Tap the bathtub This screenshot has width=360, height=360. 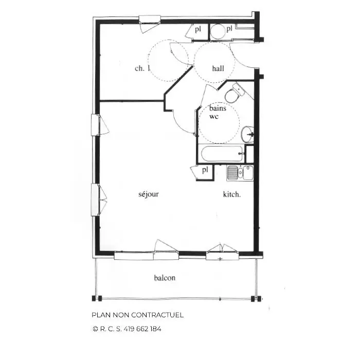click(x=222, y=154)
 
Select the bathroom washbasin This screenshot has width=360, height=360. click(x=247, y=134)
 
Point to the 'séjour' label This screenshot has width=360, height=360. click(x=149, y=194)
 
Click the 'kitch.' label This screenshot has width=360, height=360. click(x=232, y=194)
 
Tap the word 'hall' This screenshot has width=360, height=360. click(x=218, y=68)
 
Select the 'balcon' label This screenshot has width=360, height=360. click(x=165, y=278)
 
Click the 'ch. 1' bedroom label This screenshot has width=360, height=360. click(x=142, y=68)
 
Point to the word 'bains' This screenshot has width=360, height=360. click(x=218, y=108)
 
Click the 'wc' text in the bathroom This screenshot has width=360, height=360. click(x=213, y=116)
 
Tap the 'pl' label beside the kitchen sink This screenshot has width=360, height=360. click(x=205, y=170)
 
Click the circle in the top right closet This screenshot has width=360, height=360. click(x=218, y=32)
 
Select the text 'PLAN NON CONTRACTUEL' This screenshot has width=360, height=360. click(x=138, y=315)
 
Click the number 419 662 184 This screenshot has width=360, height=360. click(x=142, y=329)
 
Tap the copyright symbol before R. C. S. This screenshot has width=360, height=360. click(x=95, y=329)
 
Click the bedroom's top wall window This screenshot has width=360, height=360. click(x=150, y=20)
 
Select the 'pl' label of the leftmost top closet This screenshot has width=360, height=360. click(x=198, y=29)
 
